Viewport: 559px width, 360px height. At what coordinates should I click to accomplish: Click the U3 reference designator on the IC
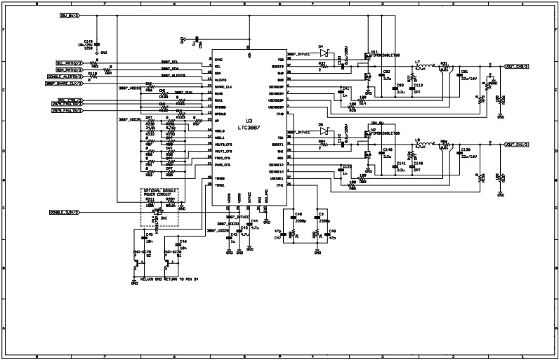tap(249, 120)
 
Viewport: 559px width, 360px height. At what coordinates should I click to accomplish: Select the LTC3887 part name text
tap(249, 127)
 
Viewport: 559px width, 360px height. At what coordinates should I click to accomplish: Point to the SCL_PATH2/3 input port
tap(68, 62)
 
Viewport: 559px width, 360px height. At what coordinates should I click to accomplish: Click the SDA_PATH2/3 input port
tap(68, 69)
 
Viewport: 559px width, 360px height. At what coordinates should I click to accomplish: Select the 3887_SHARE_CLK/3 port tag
tap(64, 84)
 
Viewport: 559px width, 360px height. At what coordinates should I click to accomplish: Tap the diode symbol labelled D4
tap(324, 51)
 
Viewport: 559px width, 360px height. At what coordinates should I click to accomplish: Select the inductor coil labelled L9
tap(419, 145)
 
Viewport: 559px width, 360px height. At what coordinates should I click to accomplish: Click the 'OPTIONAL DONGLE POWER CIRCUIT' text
tap(159, 193)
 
